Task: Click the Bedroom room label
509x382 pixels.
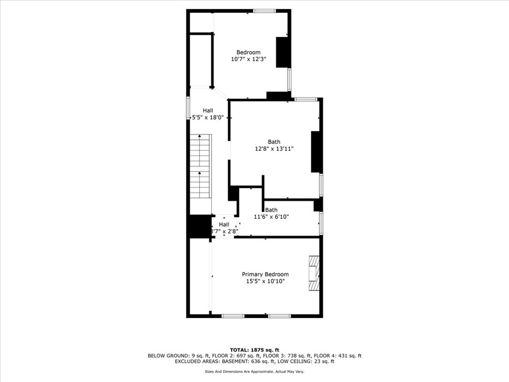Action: pos(248,52)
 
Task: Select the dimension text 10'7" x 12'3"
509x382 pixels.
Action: pos(249,59)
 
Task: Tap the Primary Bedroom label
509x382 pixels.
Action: pos(265,274)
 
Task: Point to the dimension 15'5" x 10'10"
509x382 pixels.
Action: pos(265,281)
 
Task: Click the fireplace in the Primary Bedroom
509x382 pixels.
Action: pos(313,273)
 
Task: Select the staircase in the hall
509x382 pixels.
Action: pos(200,166)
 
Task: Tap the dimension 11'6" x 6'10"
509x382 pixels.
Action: pos(271,216)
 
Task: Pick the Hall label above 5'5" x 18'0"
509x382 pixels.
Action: pos(208,110)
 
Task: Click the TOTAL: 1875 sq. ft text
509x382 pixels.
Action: pos(254,349)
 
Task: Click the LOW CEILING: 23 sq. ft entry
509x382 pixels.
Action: pos(308,362)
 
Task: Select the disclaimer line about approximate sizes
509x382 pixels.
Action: pos(254,372)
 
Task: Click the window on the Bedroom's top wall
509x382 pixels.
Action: pos(264,11)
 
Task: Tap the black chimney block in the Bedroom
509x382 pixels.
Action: pos(283,52)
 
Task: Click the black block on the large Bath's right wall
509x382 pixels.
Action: pos(316,152)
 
